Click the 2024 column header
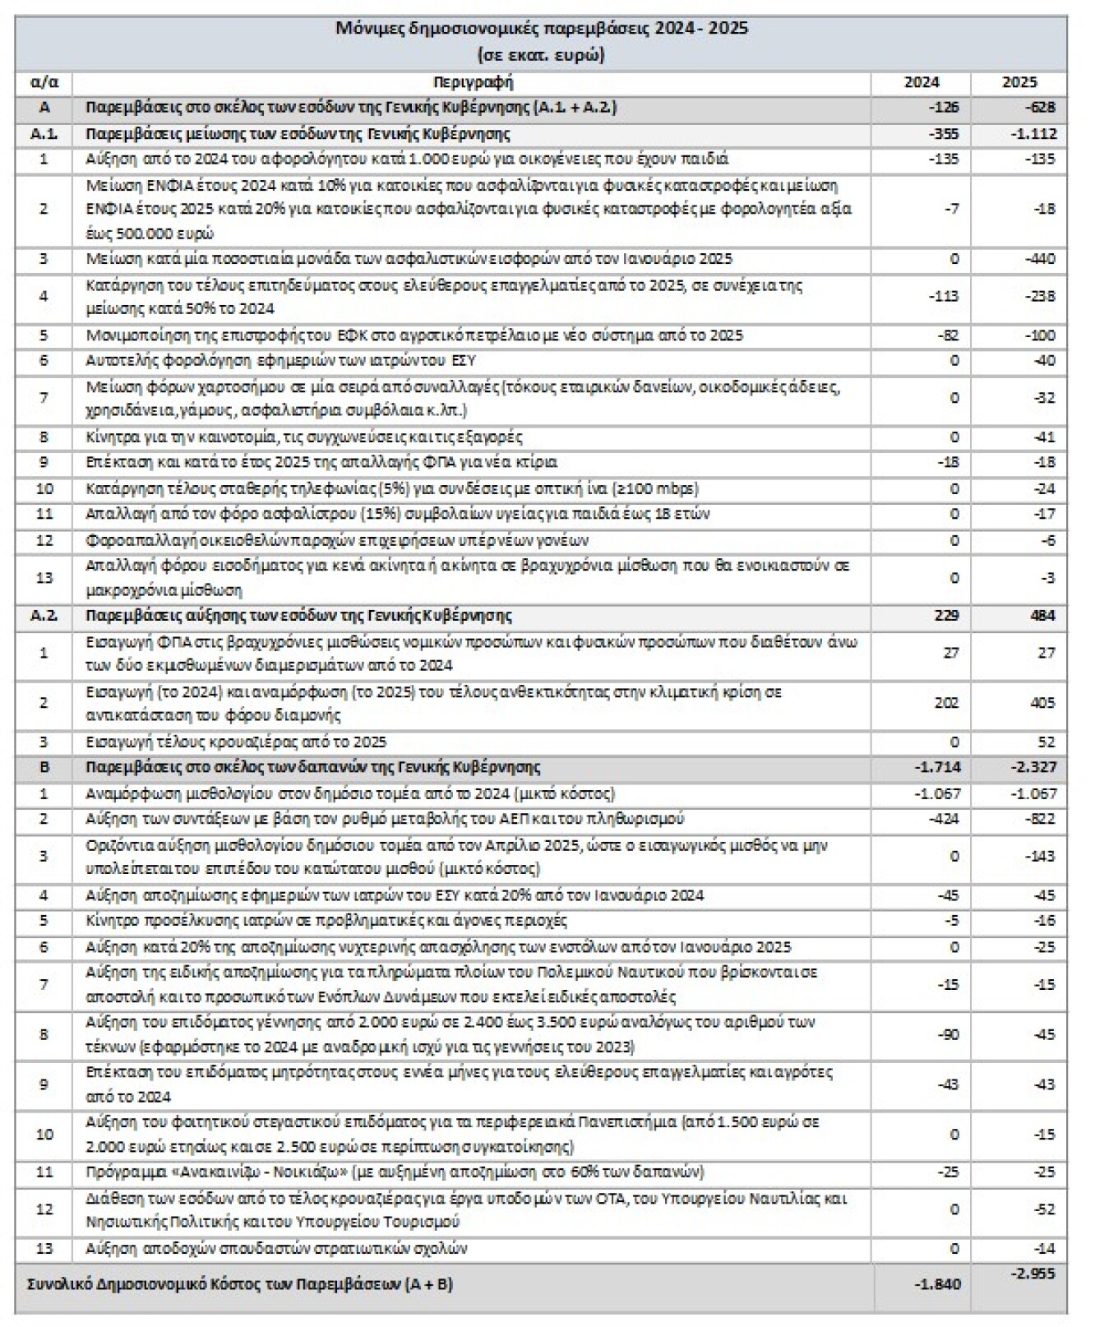click(921, 82)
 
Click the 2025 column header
click(1019, 82)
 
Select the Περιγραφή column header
click(472, 82)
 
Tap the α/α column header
click(44, 82)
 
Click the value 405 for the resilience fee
click(1041, 703)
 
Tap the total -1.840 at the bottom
click(937, 1284)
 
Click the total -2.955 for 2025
click(1033, 1274)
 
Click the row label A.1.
click(44, 134)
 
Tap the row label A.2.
click(44, 616)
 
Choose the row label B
click(44, 767)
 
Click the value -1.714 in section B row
click(937, 767)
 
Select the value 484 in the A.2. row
click(1041, 616)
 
